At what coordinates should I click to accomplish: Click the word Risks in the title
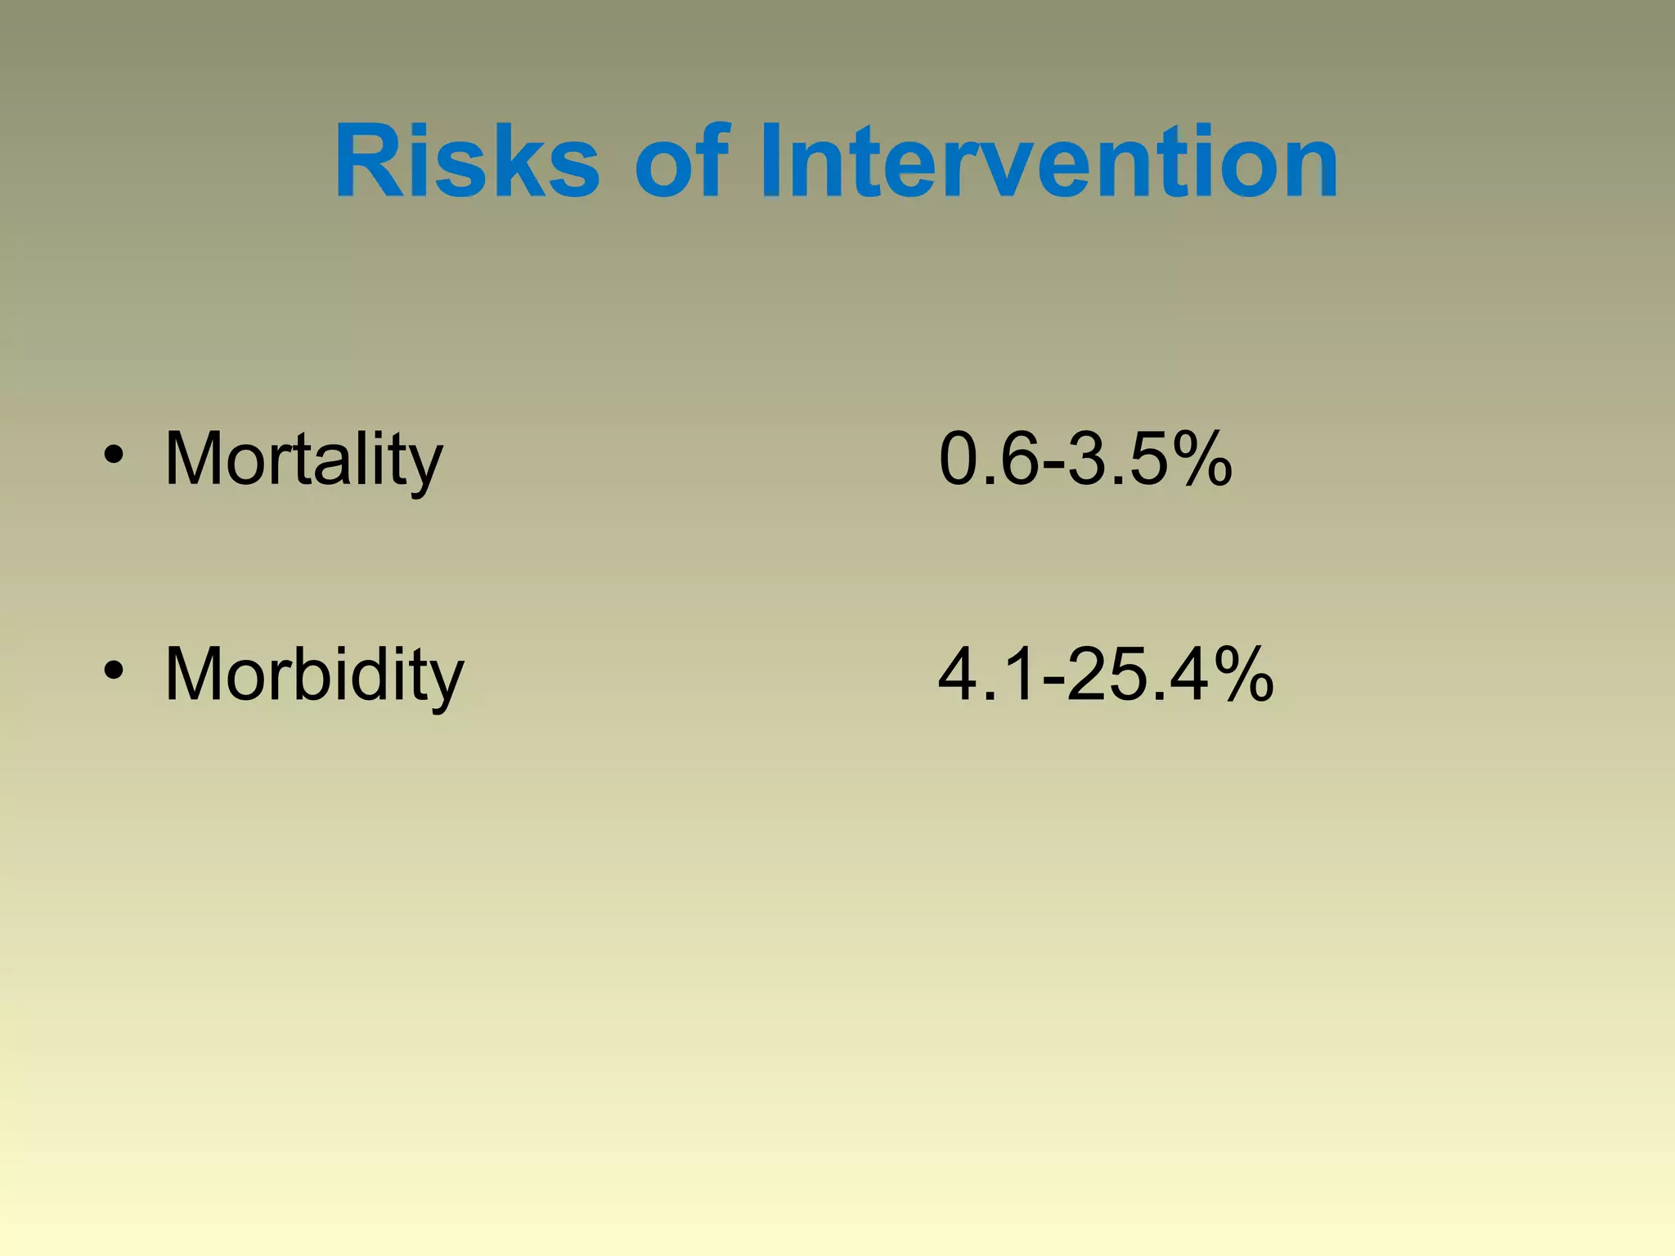(x=466, y=161)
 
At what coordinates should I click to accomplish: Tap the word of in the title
(x=680, y=161)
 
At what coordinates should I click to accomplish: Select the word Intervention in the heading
(x=1049, y=161)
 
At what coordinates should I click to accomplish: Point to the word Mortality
(x=303, y=460)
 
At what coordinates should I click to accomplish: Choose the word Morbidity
(x=314, y=675)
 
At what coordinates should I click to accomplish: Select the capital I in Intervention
(x=770, y=161)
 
